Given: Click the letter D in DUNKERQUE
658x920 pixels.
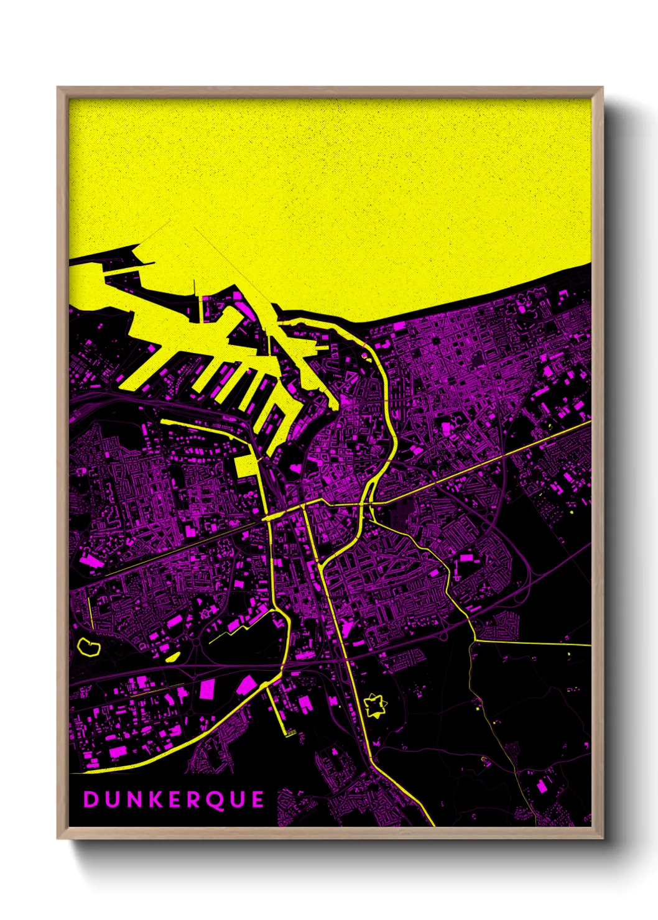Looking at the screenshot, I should pos(91,799).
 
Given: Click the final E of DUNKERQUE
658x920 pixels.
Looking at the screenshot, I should pos(258,799).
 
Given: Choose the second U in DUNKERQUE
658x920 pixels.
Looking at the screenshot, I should pos(237,799).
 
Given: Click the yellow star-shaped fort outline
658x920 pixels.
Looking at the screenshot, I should pos(375,706).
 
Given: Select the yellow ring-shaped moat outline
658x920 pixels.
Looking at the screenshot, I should pos(89,646).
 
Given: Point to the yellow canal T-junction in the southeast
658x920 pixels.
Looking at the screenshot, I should pos(476,640).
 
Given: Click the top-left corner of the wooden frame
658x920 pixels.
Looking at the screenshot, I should pos(58,88).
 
